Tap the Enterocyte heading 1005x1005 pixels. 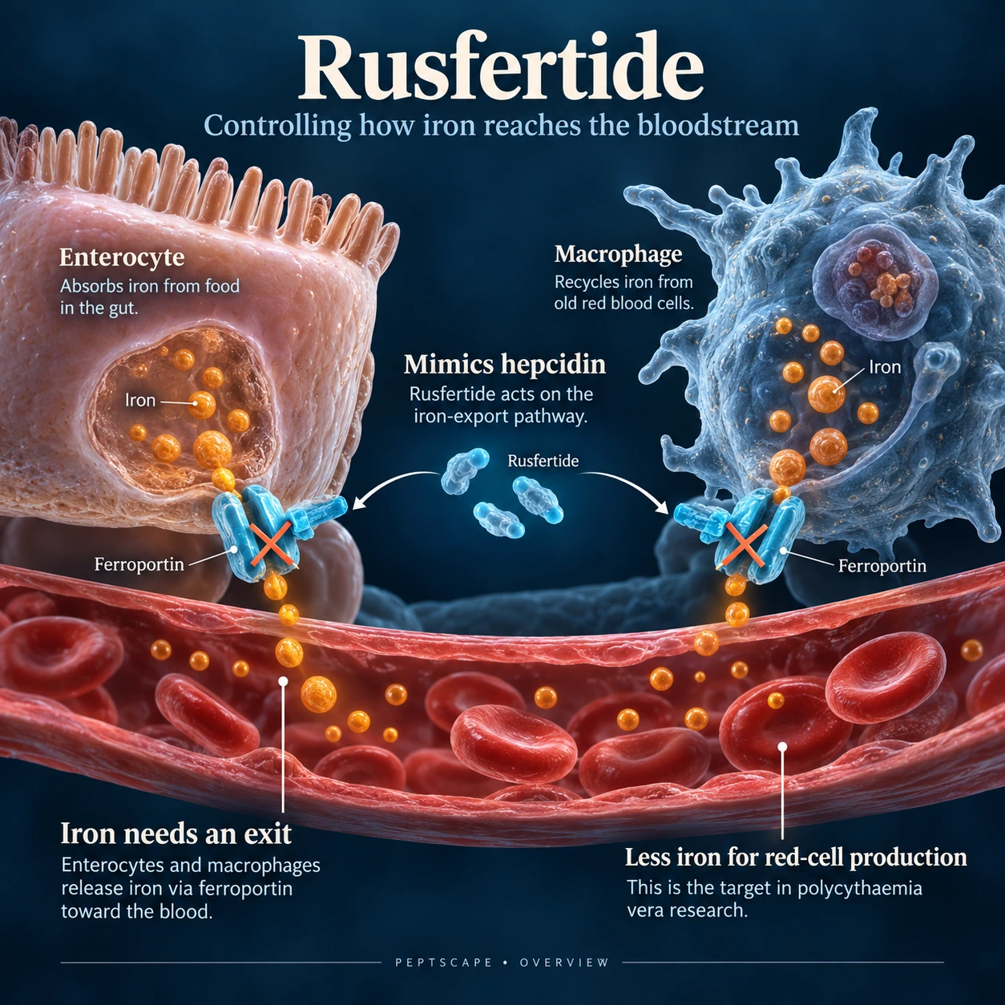tap(122, 257)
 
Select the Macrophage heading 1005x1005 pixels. tap(618, 255)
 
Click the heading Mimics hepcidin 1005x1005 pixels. tap(505, 364)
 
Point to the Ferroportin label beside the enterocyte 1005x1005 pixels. tap(139, 564)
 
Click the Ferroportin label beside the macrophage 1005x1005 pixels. tap(882, 566)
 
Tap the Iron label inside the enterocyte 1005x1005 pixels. tap(140, 400)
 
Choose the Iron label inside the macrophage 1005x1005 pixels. tap(885, 367)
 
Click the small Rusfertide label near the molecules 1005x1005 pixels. tap(543, 461)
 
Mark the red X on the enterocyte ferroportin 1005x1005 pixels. tap(271, 545)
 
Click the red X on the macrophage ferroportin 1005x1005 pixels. tap(746, 546)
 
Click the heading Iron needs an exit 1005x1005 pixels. tap(176, 833)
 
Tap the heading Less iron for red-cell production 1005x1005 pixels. tap(796, 857)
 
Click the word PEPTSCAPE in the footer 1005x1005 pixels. tap(443, 963)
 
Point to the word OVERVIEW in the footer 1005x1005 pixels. tap(564, 963)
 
